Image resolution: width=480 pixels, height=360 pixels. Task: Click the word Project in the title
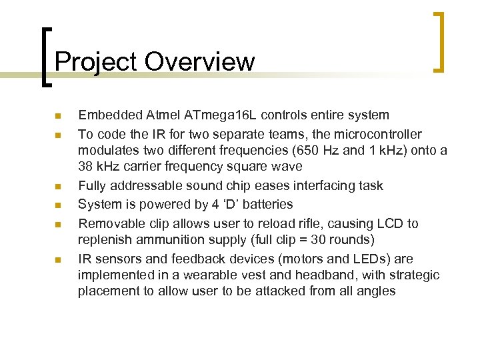pyautogui.click(x=96, y=62)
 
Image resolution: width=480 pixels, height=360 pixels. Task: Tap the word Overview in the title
pyautogui.click(x=199, y=62)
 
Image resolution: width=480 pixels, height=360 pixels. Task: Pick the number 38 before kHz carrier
pyautogui.click(x=86, y=167)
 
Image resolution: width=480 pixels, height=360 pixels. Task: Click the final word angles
pyautogui.click(x=377, y=291)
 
